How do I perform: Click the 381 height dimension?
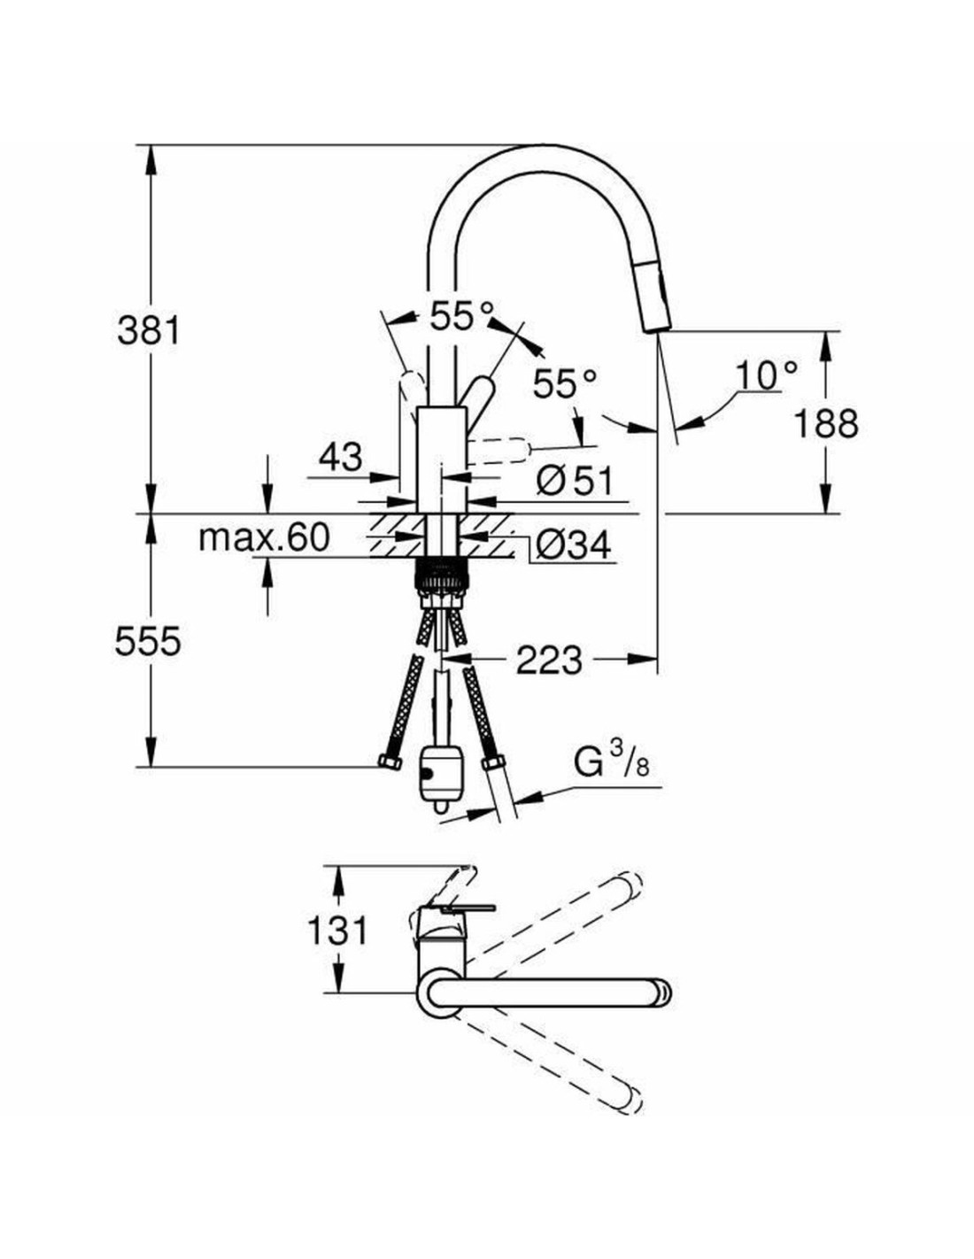(x=148, y=330)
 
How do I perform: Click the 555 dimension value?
(x=148, y=641)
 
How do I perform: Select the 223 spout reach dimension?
(x=549, y=660)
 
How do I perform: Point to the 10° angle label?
(x=765, y=375)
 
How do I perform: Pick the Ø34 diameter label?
(x=573, y=545)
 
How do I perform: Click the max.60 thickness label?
(x=264, y=537)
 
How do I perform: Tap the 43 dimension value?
(x=340, y=457)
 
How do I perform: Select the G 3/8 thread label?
(x=612, y=762)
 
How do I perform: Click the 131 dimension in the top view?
(x=336, y=931)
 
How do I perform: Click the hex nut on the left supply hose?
(x=388, y=763)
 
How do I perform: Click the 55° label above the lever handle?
(x=461, y=315)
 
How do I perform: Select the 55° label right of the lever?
(x=565, y=383)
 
